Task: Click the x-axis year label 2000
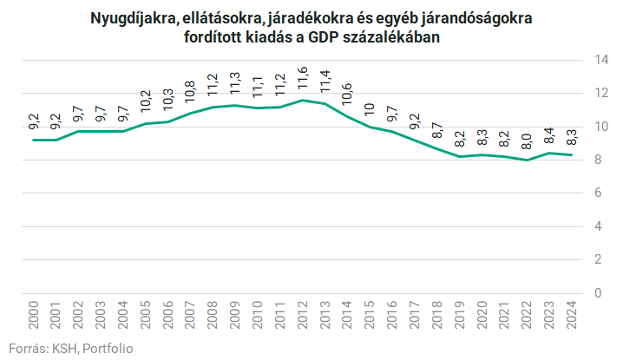click(x=34, y=313)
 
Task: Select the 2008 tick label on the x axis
click(x=213, y=313)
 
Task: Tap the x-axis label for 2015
click(x=370, y=313)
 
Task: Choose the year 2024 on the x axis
click(x=572, y=313)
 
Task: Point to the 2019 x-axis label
click(x=460, y=313)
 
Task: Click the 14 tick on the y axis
click(x=599, y=60)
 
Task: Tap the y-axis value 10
click(x=599, y=127)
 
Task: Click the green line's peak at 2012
click(x=302, y=101)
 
